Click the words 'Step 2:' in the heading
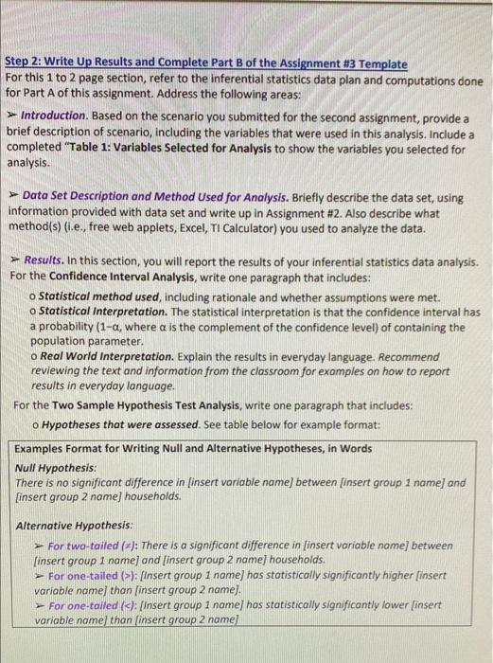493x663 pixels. point(24,64)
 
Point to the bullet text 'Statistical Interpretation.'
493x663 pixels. point(97,310)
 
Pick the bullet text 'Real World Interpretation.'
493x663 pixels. point(97,357)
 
